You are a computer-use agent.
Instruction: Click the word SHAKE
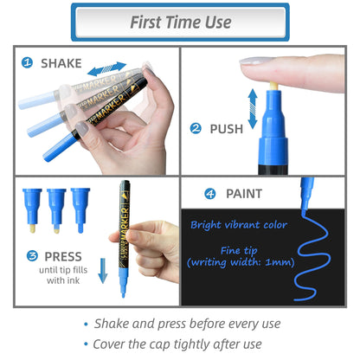pos(61,63)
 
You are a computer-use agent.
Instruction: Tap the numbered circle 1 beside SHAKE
pos(28,62)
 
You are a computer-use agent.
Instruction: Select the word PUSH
pos(227,129)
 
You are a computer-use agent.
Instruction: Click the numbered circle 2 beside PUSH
pos(196,128)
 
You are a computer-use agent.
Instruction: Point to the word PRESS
pos(63,256)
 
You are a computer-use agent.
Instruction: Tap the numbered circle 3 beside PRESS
pos(32,255)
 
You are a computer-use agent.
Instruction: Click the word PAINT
pos(244,194)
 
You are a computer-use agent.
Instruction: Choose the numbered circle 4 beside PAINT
pos(210,194)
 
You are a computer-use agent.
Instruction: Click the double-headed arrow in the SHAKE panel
pos(106,68)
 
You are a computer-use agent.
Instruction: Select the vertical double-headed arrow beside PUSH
pos(253,109)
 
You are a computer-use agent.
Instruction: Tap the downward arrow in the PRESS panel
pos(103,271)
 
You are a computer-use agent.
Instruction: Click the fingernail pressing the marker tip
pos(254,61)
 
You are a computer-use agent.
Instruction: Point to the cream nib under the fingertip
pos(273,86)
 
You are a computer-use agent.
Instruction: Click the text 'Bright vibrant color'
pos(239,225)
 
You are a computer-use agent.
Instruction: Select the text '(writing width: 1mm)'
pos(241,262)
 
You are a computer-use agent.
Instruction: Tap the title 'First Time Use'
pos(181,22)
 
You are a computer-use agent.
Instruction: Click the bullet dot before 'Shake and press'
pos(86,325)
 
